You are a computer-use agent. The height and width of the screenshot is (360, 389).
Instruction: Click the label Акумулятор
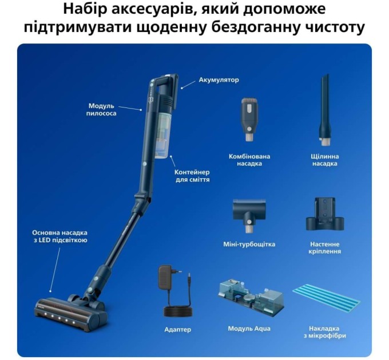[x=219, y=80]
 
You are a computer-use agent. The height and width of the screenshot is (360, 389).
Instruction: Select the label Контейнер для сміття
[x=192, y=175]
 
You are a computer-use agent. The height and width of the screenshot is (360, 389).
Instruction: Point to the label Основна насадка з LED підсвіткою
[x=60, y=237]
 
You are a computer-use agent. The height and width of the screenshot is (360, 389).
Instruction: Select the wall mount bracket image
[x=324, y=214]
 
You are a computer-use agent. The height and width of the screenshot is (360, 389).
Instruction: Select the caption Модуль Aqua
[x=249, y=329]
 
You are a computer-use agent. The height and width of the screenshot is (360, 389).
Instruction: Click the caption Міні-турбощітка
[x=249, y=244]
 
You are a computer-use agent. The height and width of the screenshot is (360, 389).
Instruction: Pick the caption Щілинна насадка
[x=325, y=159]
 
